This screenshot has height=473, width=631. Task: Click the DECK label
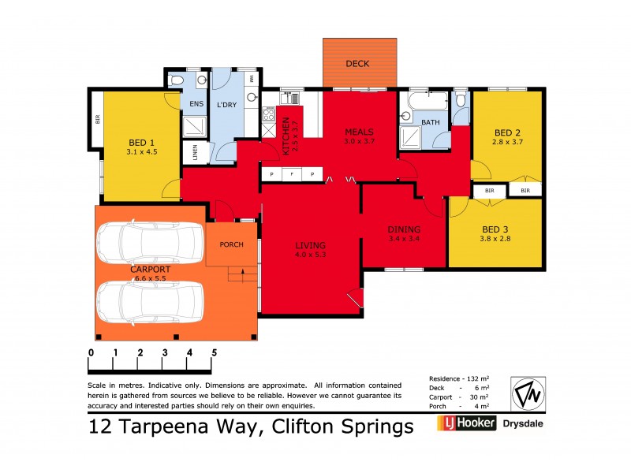(357, 64)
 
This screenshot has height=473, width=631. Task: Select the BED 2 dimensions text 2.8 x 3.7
(508, 142)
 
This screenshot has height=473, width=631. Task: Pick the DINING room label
(404, 229)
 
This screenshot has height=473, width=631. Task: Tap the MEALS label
(358, 132)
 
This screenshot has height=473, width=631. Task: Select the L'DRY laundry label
(226, 105)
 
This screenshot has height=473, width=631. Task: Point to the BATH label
(431, 122)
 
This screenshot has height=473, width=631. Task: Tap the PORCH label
(232, 244)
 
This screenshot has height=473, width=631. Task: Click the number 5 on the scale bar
(213, 352)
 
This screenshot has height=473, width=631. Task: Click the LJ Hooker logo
(466, 424)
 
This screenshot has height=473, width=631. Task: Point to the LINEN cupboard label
(190, 151)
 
